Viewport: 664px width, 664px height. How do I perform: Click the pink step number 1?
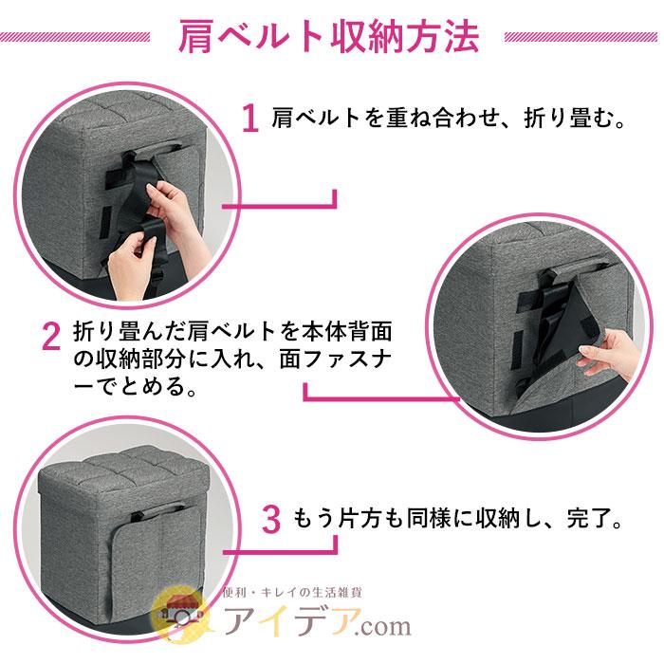pos(249,120)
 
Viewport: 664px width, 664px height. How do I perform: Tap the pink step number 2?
pos(51,338)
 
